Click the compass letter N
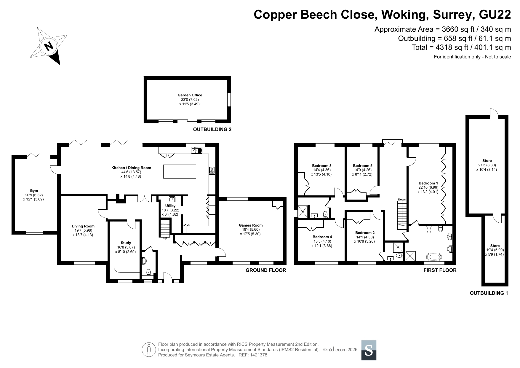tap(48, 46)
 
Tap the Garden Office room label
tap(190, 95)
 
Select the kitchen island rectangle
tap(180, 171)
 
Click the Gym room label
tap(34, 191)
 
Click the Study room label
tap(126, 243)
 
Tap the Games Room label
tap(251, 225)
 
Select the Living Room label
tap(83, 226)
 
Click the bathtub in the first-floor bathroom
tap(434, 256)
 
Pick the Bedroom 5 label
tap(363, 166)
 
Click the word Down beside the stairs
tap(402, 200)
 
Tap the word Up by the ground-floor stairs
tap(165, 238)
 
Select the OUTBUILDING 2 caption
tap(212, 129)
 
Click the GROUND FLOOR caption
tap(266, 270)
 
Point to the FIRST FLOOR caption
tap(440, 270)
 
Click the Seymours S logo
tap(369, 350)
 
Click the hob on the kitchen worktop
tap(212, 171)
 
